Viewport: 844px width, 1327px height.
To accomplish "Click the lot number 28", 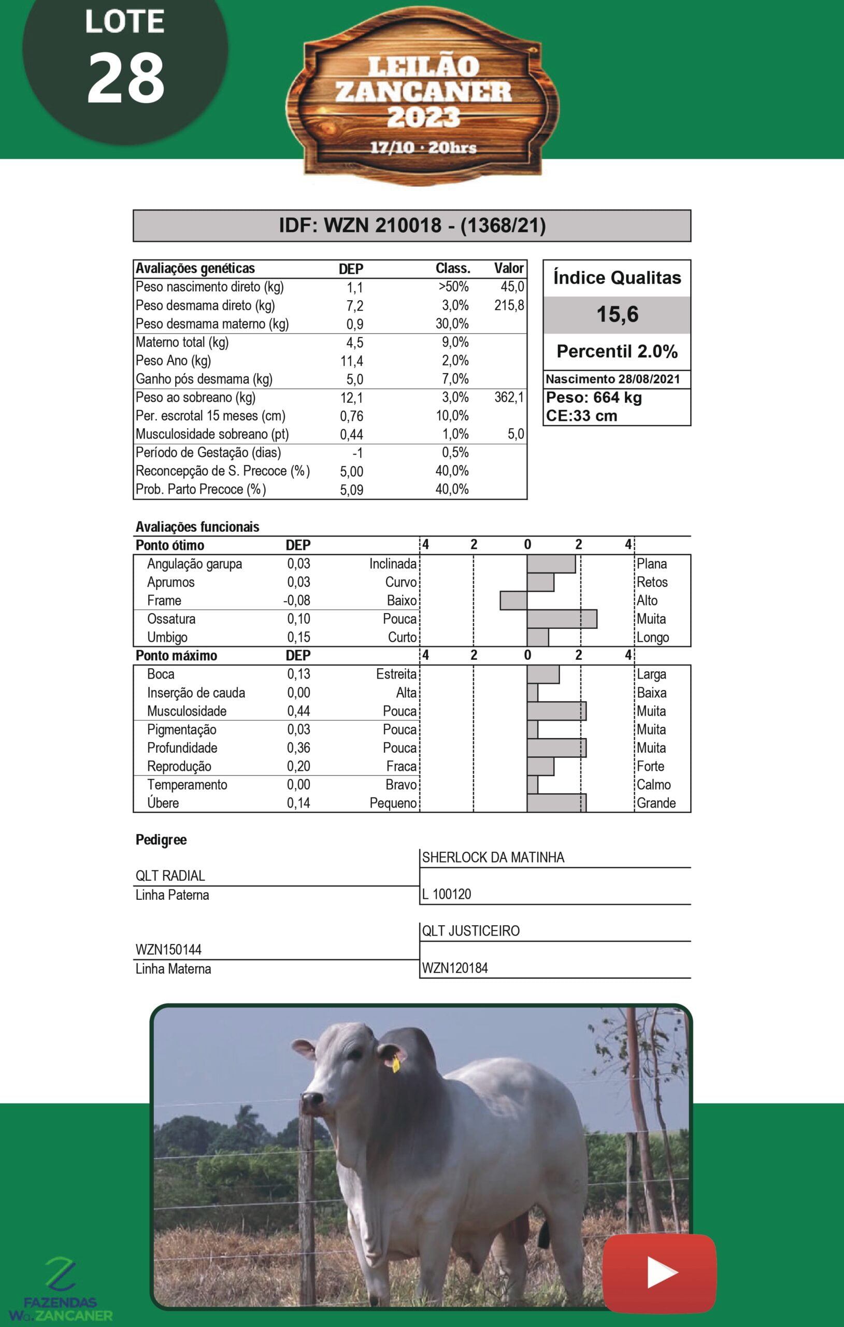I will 125,79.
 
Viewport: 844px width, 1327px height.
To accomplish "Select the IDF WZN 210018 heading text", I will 412,225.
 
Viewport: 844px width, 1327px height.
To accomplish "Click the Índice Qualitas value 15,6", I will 617,315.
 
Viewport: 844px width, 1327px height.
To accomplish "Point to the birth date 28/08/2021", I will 649,379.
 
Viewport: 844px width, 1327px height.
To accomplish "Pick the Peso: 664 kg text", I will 594,398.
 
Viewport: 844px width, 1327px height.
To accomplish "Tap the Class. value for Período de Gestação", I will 455,453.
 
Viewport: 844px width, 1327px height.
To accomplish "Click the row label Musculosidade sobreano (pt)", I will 212,434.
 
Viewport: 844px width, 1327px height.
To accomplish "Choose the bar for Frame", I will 513,601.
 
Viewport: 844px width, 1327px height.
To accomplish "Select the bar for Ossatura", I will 562,619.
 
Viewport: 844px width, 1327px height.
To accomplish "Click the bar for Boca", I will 543,674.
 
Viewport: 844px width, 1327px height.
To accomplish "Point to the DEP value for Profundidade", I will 298,748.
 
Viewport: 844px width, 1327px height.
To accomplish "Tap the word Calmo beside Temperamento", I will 653,785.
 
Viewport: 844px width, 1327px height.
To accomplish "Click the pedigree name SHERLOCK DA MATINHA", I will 493,857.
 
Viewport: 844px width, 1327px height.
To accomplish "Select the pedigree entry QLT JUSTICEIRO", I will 470,931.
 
